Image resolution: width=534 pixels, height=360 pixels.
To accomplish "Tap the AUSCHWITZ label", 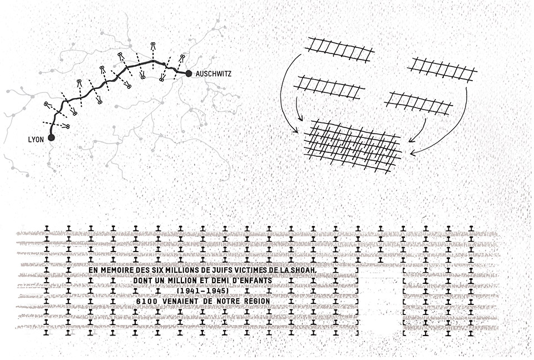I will [x=214, y=73].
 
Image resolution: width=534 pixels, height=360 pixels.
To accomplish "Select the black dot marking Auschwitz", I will [x=189, y=73].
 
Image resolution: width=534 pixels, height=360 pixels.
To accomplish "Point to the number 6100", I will [x=146, y=301].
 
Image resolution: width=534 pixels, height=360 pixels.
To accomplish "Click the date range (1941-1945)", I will [x=202, y=291].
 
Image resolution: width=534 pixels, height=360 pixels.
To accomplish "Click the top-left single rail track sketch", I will [x=340, y=50].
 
